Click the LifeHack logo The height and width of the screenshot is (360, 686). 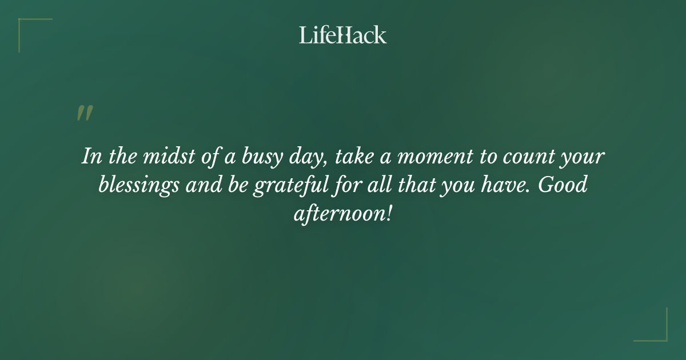(x=342, y=35)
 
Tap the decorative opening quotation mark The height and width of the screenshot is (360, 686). (x=85, y=113)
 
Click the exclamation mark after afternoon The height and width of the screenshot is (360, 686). (x=389, y=214)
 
